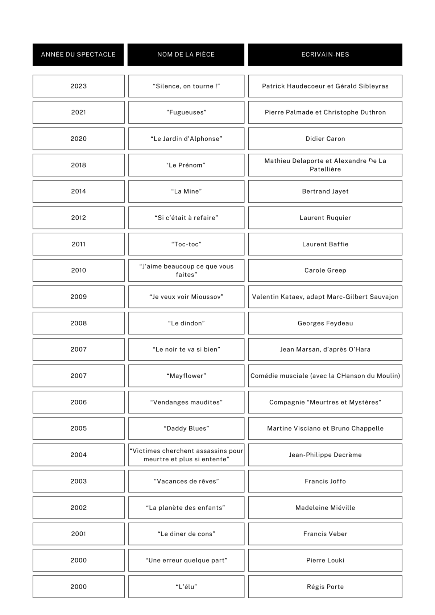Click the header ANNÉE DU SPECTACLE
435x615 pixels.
pos(78,55)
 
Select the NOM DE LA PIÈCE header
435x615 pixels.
pos(186,55)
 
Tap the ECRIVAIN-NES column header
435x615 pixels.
pos(325,55)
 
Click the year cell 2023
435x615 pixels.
pos(79,86)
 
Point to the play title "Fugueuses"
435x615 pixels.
pos(186,112)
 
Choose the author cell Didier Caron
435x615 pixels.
pos(325,139)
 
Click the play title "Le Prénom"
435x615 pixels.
pos(186,165)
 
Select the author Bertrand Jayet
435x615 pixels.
pos(325,191)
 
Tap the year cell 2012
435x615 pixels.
pos(79,218)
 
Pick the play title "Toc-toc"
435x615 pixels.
pos(186,244)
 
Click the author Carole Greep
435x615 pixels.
pos(325,270)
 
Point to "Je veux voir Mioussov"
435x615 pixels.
pos(186,297)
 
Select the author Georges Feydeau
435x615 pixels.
pos(325,323)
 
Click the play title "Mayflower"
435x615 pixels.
pos(186,376)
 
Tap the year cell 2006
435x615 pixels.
pos(79,402)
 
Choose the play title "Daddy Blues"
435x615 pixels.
pos(186,428)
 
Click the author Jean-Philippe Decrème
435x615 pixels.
pos(325,455)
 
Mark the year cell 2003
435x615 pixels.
pos(79,481)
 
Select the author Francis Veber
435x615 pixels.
pos(325,534)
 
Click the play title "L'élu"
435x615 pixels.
pos(186,587)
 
